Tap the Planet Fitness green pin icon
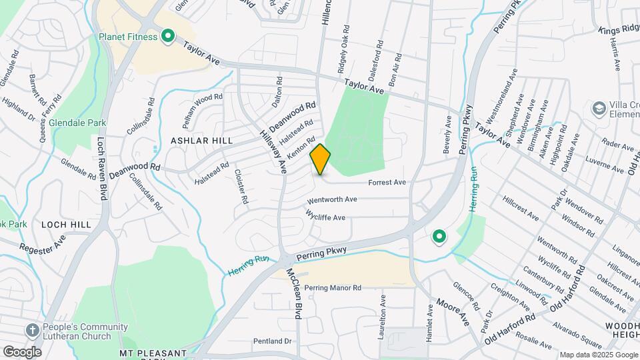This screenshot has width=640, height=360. (x=168, y=37)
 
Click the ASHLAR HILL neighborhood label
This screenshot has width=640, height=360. (x=201, y=141)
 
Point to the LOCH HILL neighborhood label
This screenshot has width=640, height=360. (x=65, y=225)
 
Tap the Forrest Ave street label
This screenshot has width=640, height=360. (x=387, y=182)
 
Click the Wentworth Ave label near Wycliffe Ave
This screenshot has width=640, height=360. (x=332, y=199)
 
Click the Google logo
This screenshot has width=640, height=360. (x=22, y=351)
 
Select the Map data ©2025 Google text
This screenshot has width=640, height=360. (x=598, y=355)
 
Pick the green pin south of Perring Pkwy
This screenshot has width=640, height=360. (x=439, y=237)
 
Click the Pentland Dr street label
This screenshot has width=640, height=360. (x=272, y=341)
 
